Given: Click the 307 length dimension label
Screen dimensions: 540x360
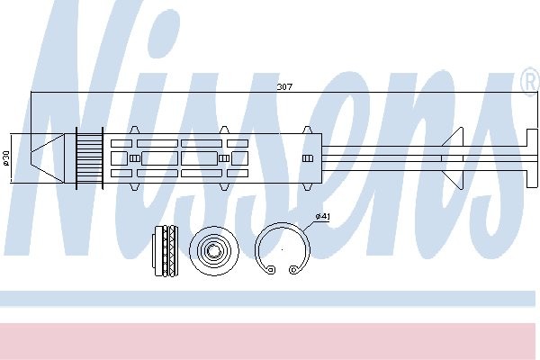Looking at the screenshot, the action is [284, 86].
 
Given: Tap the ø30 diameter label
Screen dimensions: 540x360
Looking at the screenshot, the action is [6, 157].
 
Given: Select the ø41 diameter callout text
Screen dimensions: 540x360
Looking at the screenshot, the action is [323, 216].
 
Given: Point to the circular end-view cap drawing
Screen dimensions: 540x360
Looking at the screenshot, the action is [214, 251].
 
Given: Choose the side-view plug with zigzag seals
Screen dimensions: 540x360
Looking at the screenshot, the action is [166, 251].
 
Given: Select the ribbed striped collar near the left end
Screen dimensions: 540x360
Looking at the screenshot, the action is [89, 158].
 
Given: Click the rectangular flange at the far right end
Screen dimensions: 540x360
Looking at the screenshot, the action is [532, 158].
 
